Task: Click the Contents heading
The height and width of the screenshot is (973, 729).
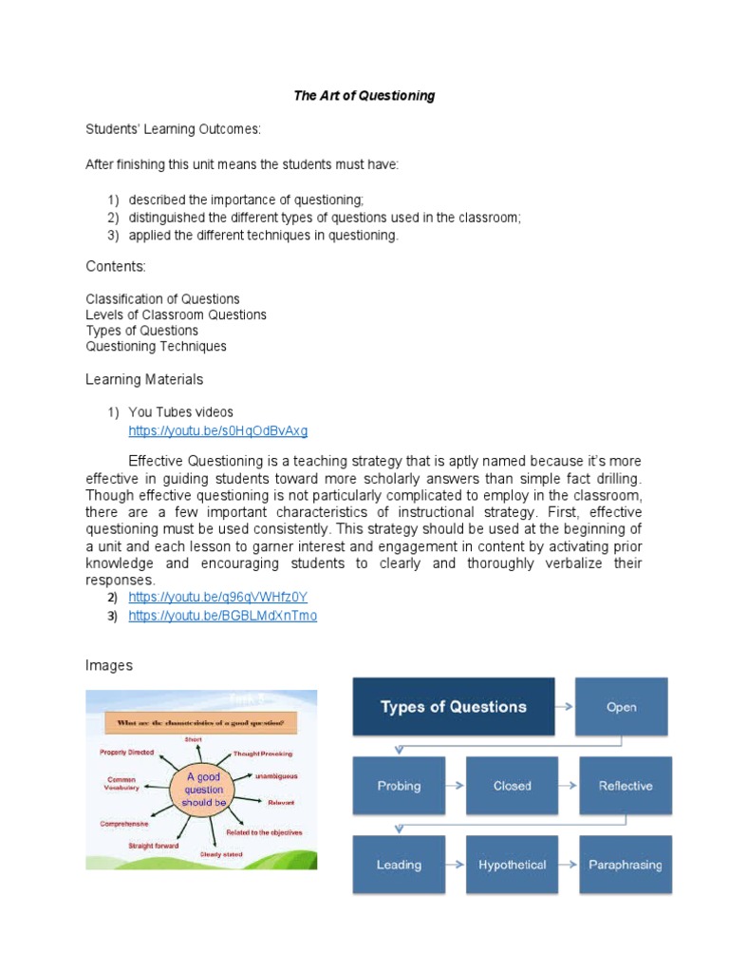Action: [x=116, y=267]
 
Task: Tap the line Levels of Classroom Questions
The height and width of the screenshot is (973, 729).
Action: [x=176, y=315]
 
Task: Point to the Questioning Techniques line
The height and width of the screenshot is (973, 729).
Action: [x=156, y=347]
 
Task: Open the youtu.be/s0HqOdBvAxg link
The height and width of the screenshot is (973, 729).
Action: [x=218, y=430]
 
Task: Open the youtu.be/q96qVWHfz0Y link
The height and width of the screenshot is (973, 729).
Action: [x=218, y=597]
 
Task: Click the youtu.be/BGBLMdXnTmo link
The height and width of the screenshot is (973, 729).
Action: [x=222, y=616]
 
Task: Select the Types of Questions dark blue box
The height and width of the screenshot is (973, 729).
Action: [x=453, y=707]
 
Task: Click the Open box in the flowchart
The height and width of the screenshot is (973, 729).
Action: [x=622, y=707]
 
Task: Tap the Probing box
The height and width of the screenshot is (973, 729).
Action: [x=398, y=786]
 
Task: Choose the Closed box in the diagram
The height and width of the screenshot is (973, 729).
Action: [x=512, y=786]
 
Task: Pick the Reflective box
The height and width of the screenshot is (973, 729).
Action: [x=626, y=786]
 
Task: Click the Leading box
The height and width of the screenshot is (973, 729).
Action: [x=398, y=865]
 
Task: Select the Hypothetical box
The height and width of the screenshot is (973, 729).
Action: [x=512, y=865]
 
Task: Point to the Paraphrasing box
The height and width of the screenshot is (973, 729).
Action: [x=626, y=865]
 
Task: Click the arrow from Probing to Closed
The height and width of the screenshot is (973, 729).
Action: [x=455, y=786]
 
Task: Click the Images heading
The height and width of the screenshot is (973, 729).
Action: [x=109, y=666]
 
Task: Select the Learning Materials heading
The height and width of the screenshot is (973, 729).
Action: [x=144, y=379]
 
